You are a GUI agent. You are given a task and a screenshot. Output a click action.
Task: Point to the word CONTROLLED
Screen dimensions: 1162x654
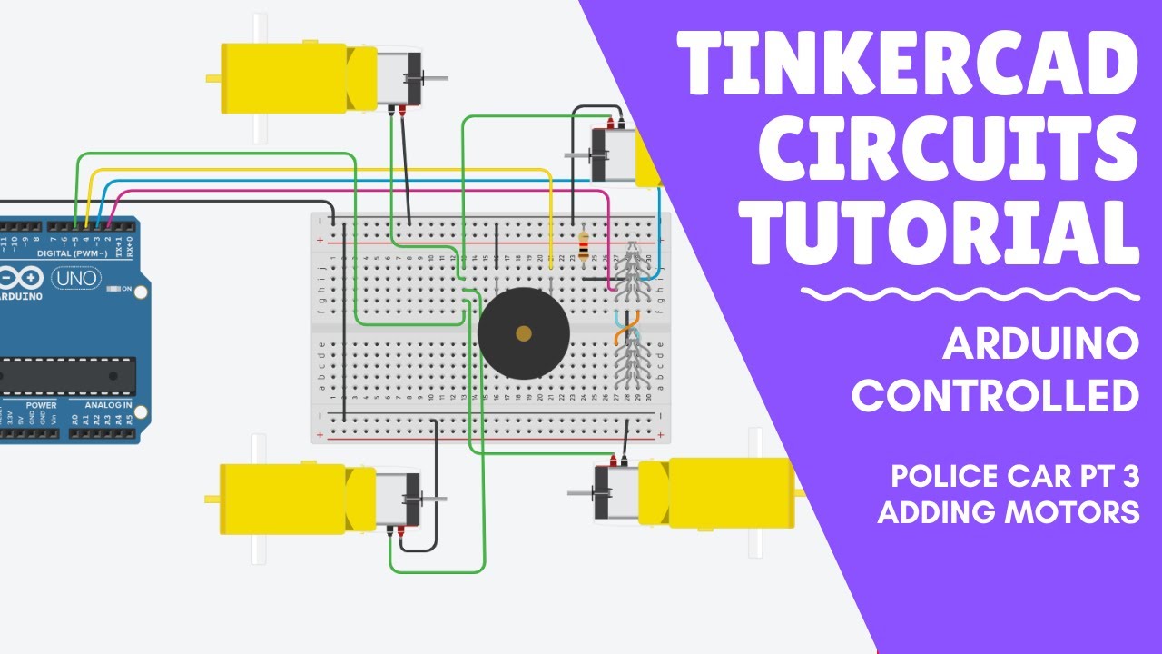[x=995, y=396]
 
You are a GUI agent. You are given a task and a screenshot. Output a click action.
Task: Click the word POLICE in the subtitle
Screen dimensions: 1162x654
[x=940, y=475]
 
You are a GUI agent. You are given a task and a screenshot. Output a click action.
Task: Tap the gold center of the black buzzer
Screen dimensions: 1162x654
[x=523, y=333]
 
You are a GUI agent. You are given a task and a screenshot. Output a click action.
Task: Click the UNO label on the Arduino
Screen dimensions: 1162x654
[x=77, y=278]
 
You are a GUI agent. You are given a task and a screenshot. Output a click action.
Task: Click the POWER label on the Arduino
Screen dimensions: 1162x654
[x=41, y=405]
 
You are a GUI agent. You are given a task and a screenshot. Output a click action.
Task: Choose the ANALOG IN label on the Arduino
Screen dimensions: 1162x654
[x=108, y=405]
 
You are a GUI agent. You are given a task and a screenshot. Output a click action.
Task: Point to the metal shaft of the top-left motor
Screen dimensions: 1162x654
[x=435, y=79]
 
